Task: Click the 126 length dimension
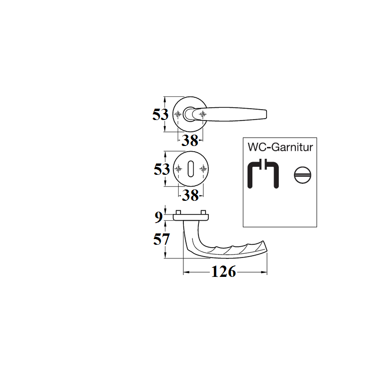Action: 223,272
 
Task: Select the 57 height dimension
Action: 161,240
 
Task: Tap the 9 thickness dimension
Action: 158,217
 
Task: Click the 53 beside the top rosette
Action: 160,114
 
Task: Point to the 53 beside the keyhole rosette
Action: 162,169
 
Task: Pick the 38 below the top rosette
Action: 190,140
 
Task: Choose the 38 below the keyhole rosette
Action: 190,195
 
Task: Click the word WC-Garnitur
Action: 280,147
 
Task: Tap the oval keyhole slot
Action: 190,169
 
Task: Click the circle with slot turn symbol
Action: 302,175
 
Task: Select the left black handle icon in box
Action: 254,173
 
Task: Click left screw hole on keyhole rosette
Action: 178,169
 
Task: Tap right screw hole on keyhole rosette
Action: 203,169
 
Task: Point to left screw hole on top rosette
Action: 178,114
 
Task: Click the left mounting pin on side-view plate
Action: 179,212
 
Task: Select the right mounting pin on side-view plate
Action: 203,212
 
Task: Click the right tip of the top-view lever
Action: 266,114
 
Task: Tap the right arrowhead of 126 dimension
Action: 265,272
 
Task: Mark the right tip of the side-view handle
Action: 267,251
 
